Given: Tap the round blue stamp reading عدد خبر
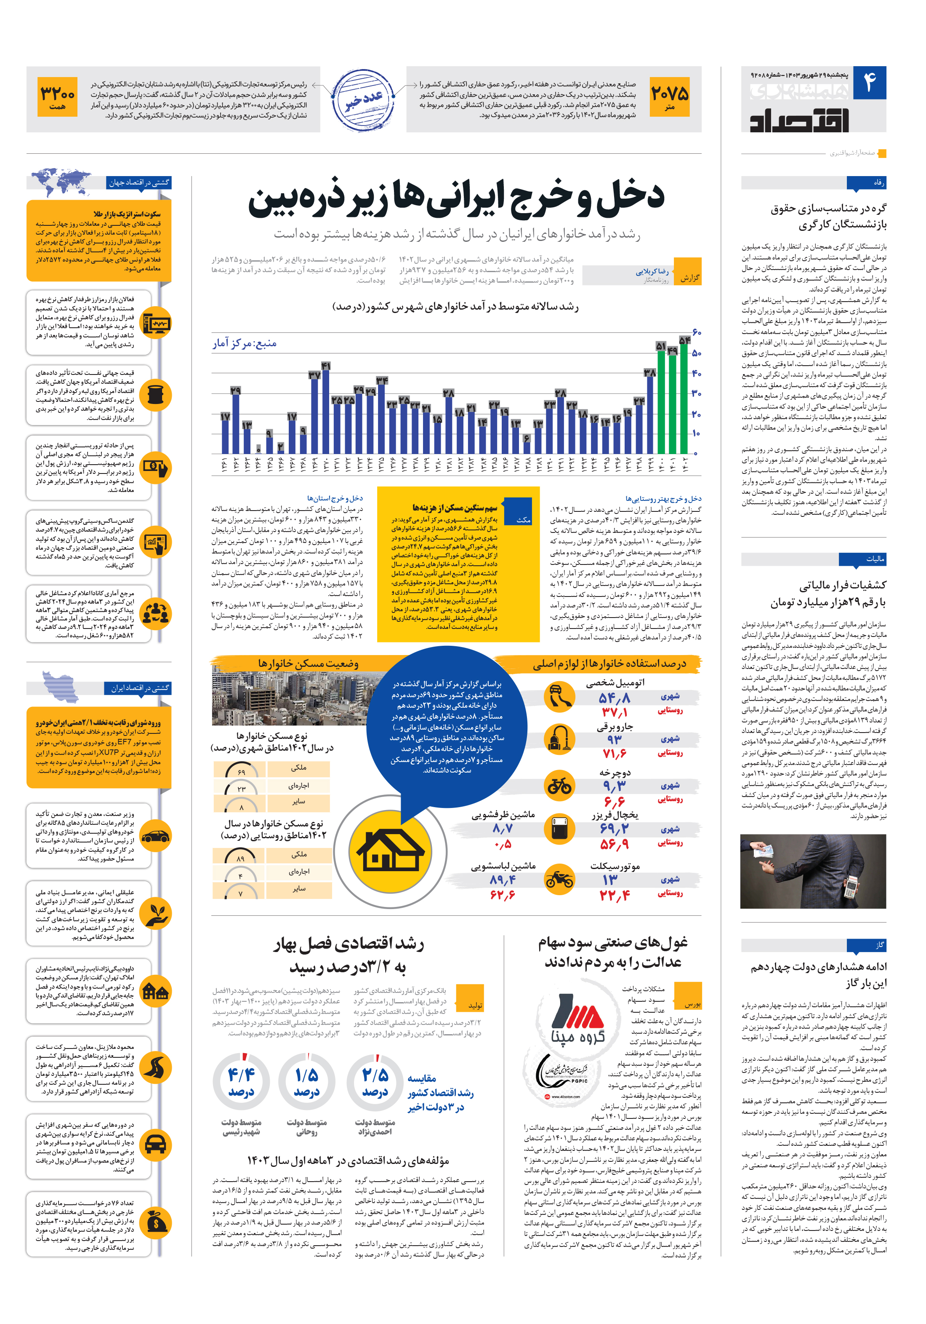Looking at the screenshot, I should point(364,100).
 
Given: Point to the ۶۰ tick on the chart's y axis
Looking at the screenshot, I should point(696,332).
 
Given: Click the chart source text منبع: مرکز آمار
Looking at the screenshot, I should point(244,344).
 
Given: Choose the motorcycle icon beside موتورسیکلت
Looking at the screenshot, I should point(559,879).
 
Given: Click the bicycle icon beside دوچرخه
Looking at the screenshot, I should point(559,786).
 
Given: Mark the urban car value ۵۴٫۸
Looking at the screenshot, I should point(614,698).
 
